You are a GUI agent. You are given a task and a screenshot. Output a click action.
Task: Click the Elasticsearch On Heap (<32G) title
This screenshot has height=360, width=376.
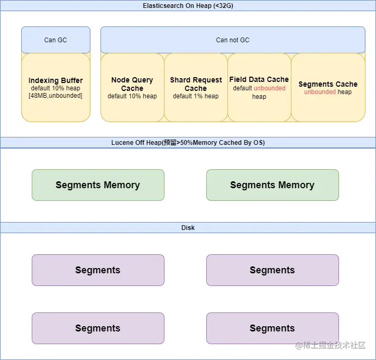point(188,5)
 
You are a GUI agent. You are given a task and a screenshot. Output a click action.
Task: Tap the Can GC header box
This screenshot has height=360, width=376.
point(56,40)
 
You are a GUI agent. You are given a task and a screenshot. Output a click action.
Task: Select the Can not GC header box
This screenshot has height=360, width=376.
point(233,40)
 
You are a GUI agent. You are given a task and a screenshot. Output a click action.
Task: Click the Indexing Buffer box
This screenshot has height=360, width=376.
point(56,87)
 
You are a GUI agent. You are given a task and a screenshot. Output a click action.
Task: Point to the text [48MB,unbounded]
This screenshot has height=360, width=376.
point(56,96)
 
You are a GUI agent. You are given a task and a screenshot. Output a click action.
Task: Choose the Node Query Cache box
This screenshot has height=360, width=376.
point(132,87)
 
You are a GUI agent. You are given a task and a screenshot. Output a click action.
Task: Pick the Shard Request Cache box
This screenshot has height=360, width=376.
point(196,87)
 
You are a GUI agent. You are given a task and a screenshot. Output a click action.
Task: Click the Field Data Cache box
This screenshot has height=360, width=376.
point(259,87)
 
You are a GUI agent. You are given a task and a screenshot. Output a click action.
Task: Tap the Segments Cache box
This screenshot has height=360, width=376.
point(328,87)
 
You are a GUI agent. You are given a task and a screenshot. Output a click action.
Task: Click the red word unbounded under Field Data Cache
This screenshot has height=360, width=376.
point(269,88)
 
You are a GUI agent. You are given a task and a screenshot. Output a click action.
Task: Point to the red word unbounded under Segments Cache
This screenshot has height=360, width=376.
point(320,92)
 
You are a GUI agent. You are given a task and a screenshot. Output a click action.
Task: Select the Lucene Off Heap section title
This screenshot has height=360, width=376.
point(188,142)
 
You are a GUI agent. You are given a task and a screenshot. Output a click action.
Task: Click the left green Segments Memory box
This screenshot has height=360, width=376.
point(98,185)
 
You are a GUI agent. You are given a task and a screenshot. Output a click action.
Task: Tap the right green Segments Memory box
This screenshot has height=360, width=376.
point(272,185)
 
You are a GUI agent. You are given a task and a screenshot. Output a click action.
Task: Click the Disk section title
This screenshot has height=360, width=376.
point(188,228)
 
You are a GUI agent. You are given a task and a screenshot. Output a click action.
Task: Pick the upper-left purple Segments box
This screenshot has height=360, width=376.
point(98,270)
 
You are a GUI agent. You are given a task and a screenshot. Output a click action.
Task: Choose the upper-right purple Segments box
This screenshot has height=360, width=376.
point(272,270)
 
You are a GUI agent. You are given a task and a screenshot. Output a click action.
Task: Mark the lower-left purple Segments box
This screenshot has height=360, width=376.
point(98,328)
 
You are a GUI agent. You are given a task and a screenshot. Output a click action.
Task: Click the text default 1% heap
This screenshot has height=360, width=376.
point(196,96)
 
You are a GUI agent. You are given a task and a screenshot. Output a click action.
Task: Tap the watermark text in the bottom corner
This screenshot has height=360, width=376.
point(331,345)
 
